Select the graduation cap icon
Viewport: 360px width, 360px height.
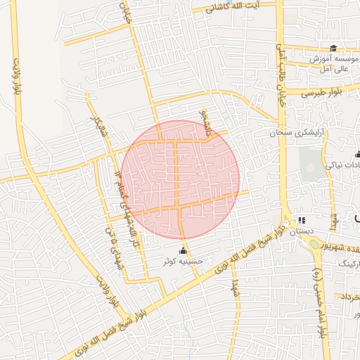coord(333,49)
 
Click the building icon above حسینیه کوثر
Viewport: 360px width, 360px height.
coord(184,250)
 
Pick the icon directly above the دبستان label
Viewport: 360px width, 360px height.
coord(301,220)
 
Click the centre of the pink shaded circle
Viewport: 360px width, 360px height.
coord(181,179)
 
